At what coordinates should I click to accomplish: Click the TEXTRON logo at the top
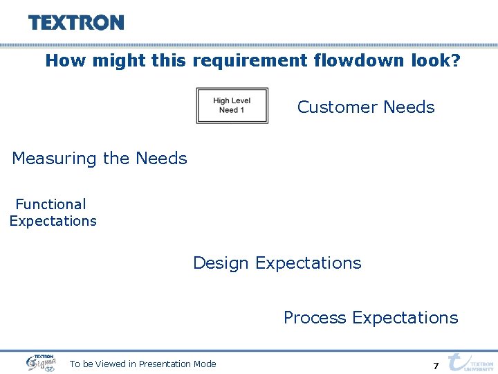click(76, 23)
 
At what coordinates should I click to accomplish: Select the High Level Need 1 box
click(232, 105)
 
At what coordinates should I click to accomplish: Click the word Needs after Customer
click(409, 107)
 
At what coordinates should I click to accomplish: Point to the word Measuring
click(55, 159)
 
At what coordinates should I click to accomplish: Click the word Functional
click(50, 204)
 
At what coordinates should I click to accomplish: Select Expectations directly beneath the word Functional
click(53, 221)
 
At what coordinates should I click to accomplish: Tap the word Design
click(221, 263)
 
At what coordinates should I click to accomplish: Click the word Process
click(315, 318)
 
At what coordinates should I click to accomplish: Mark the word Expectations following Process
click(405, 318)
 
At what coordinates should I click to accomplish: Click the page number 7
click(436, 366)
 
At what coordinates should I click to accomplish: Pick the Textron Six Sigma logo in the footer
click(41, 362)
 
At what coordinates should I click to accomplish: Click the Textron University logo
click(471, 362)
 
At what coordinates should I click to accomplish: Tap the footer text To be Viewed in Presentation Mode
click(142, 364)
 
